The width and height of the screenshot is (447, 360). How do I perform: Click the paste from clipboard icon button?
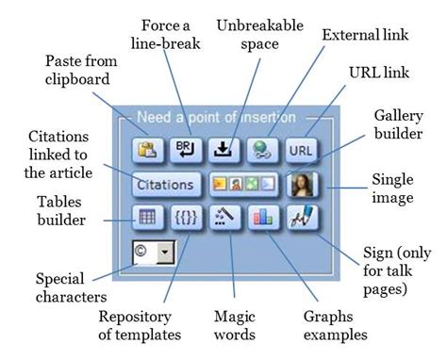[147, 149]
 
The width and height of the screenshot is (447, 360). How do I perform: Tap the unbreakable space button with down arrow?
[223, 149]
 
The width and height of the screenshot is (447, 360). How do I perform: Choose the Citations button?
[165, 184]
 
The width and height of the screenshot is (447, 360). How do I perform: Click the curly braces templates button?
[185, 217]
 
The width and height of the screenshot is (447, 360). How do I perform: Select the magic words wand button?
[223, 217]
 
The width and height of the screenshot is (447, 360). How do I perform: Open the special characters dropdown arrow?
[166, 253]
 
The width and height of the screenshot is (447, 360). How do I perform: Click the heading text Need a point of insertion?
[216, 119]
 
